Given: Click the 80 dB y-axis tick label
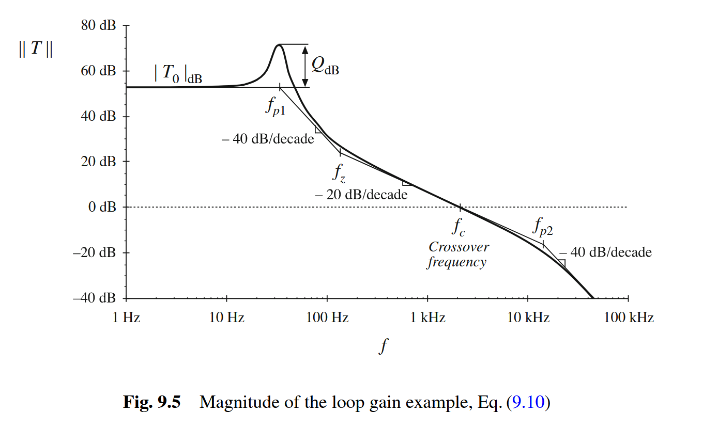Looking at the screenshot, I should pyautogui.click(x=98, y=25).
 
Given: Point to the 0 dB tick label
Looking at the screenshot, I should pyautogui.click(x=101, y=207).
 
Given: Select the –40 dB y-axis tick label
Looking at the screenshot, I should pyautogui.click(x=94, y=298).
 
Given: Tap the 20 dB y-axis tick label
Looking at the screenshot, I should pyautogui.click(x=98, y=162).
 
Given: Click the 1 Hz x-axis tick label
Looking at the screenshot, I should pyautogui.click(x=126, y=318).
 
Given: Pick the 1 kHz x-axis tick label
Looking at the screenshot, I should pyautogui.click(x=427, y=318).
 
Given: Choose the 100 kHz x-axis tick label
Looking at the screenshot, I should pyautogui.click(x=629, y=318).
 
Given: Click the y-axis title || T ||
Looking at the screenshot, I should pyautogui.click(x=35, y=50).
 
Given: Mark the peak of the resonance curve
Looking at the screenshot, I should pyautogui.click(x=279, y=45).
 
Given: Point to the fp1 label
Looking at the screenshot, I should pyautogui.click(x=276, y=106).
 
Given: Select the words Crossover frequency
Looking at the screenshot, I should pyautogui.click(x=457, y=255).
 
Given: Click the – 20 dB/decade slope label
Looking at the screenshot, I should pyautogui.click(x=361, y=195).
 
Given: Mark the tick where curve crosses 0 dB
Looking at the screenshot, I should pyautogui.click(x=460, y=207).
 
